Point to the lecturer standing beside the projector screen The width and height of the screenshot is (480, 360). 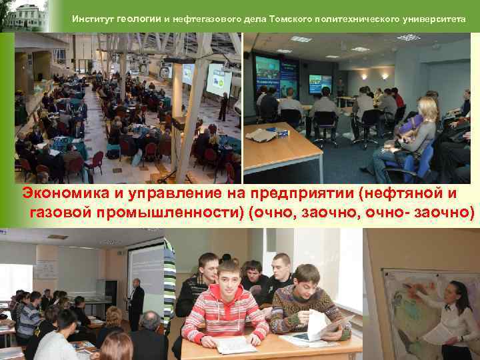click(136, 303)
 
